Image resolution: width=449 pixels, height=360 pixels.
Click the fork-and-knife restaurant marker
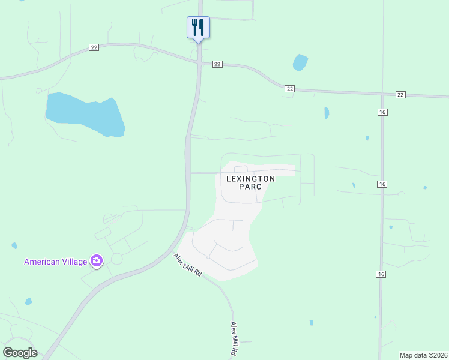point(198,28)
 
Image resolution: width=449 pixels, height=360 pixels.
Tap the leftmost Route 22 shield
point(94,47)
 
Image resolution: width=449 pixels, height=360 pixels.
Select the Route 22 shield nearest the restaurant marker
point(217,64)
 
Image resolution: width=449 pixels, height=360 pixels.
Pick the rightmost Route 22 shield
point(400,95)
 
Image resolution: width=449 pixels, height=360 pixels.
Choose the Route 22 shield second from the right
point(290,89)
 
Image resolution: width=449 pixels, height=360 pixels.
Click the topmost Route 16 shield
point(382,112)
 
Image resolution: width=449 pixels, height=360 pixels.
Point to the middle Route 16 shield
point(382,184)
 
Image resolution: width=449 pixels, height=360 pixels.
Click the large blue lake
point(85,113)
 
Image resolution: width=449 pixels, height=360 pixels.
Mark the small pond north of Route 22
point(300,62)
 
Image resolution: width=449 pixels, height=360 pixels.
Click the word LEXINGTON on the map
point(250,179)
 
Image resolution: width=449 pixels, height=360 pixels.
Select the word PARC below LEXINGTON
point(250,187)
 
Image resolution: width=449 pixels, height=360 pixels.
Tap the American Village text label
point(55,262)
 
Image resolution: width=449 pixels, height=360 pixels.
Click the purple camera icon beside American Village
point(97,260)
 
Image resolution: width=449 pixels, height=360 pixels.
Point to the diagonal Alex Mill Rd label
point(188,265)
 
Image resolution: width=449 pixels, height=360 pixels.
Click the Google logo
point(20,353)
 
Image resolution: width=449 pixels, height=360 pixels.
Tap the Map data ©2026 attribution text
point(424,355)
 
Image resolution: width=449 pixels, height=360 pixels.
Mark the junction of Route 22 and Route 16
point(382,95)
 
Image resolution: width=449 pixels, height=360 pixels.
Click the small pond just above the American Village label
point(14,246)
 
